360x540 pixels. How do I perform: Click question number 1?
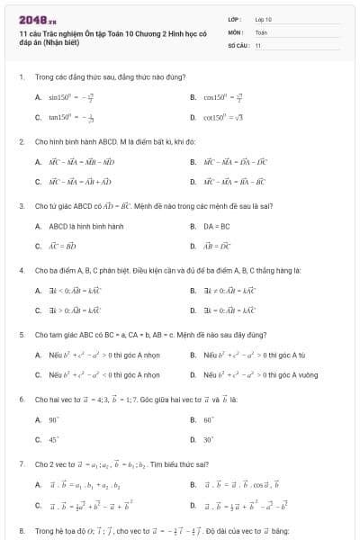(21, 77)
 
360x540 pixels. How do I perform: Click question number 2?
(21, 142)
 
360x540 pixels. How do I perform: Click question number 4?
(21, 270)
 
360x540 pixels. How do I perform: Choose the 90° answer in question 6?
(53, 419)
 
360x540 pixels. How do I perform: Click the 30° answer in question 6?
(208, 439)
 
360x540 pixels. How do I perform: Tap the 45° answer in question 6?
(53, 439)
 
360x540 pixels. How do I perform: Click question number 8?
(21, 530)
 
